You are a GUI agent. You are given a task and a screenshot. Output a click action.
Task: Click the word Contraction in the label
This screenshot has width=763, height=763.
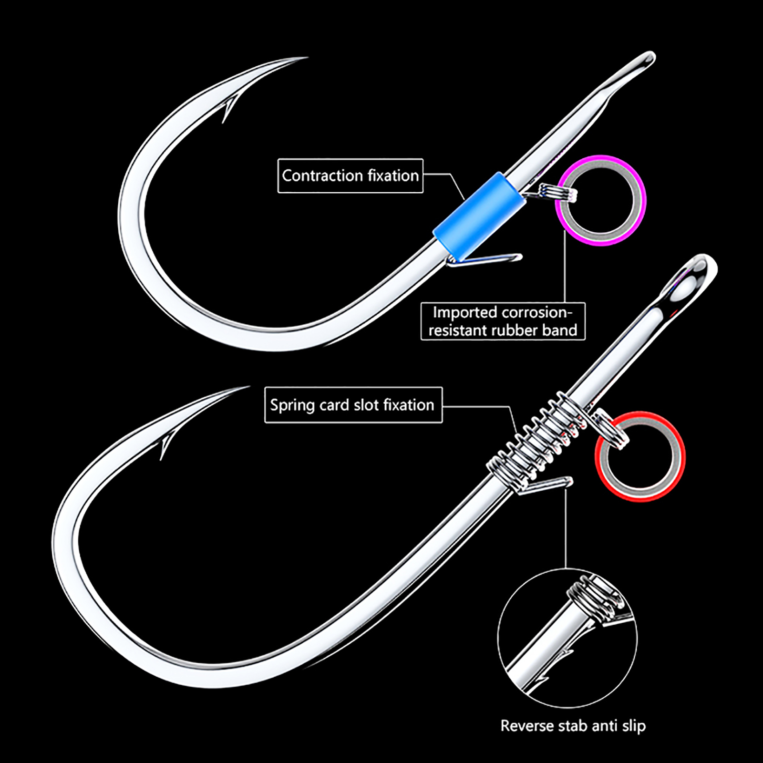322,176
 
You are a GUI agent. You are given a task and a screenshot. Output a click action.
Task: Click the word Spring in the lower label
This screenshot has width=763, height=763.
292,405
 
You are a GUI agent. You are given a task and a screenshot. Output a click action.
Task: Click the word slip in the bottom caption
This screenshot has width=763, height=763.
634,726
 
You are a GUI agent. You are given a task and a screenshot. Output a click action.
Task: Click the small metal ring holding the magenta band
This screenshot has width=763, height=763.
558,193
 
